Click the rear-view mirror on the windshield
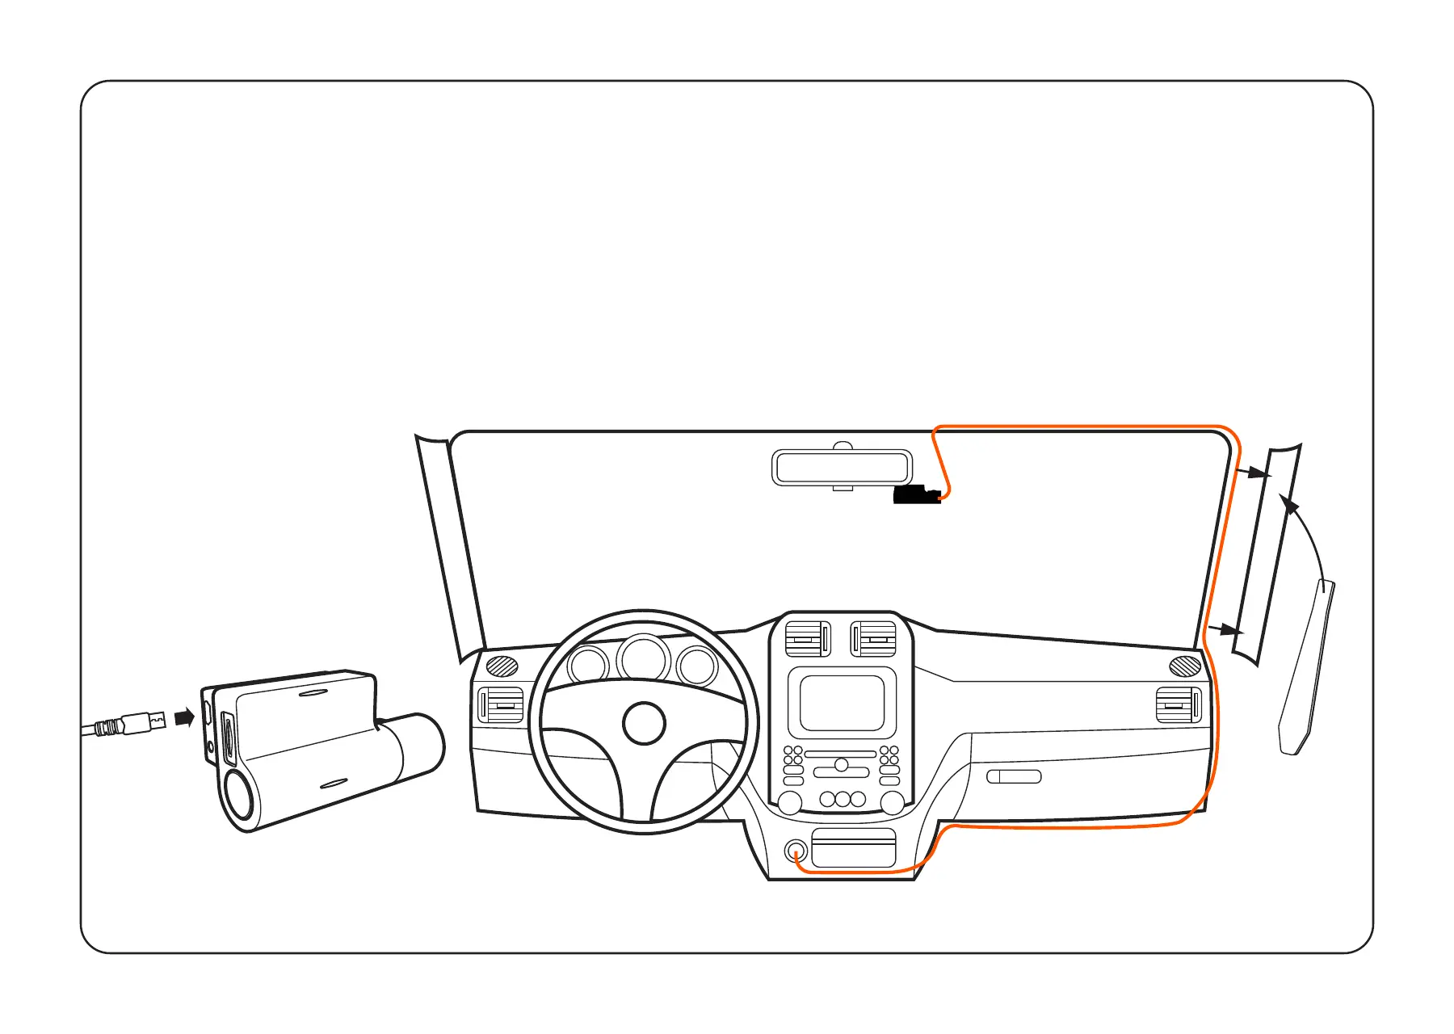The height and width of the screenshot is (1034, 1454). tap(842, 467)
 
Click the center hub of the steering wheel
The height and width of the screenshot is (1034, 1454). tap(644, 723)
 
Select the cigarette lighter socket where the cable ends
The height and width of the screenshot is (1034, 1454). tap(796, 851)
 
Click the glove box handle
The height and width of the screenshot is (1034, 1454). tap(1014, 776)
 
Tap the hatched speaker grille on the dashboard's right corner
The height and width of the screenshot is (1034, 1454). tap(1185, 666)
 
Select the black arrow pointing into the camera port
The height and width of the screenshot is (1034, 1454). tap(185, 717)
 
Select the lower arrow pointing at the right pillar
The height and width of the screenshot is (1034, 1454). tap(1225, 629)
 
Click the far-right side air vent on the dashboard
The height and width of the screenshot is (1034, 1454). tap(1179, 705)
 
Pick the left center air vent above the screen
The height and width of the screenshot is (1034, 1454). tap(808, 639)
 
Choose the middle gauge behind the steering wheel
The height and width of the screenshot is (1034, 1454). tap(643, 658)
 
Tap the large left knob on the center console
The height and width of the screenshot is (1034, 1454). tap(789, 802)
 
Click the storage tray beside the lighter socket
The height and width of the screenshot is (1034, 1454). tap(854, 847)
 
